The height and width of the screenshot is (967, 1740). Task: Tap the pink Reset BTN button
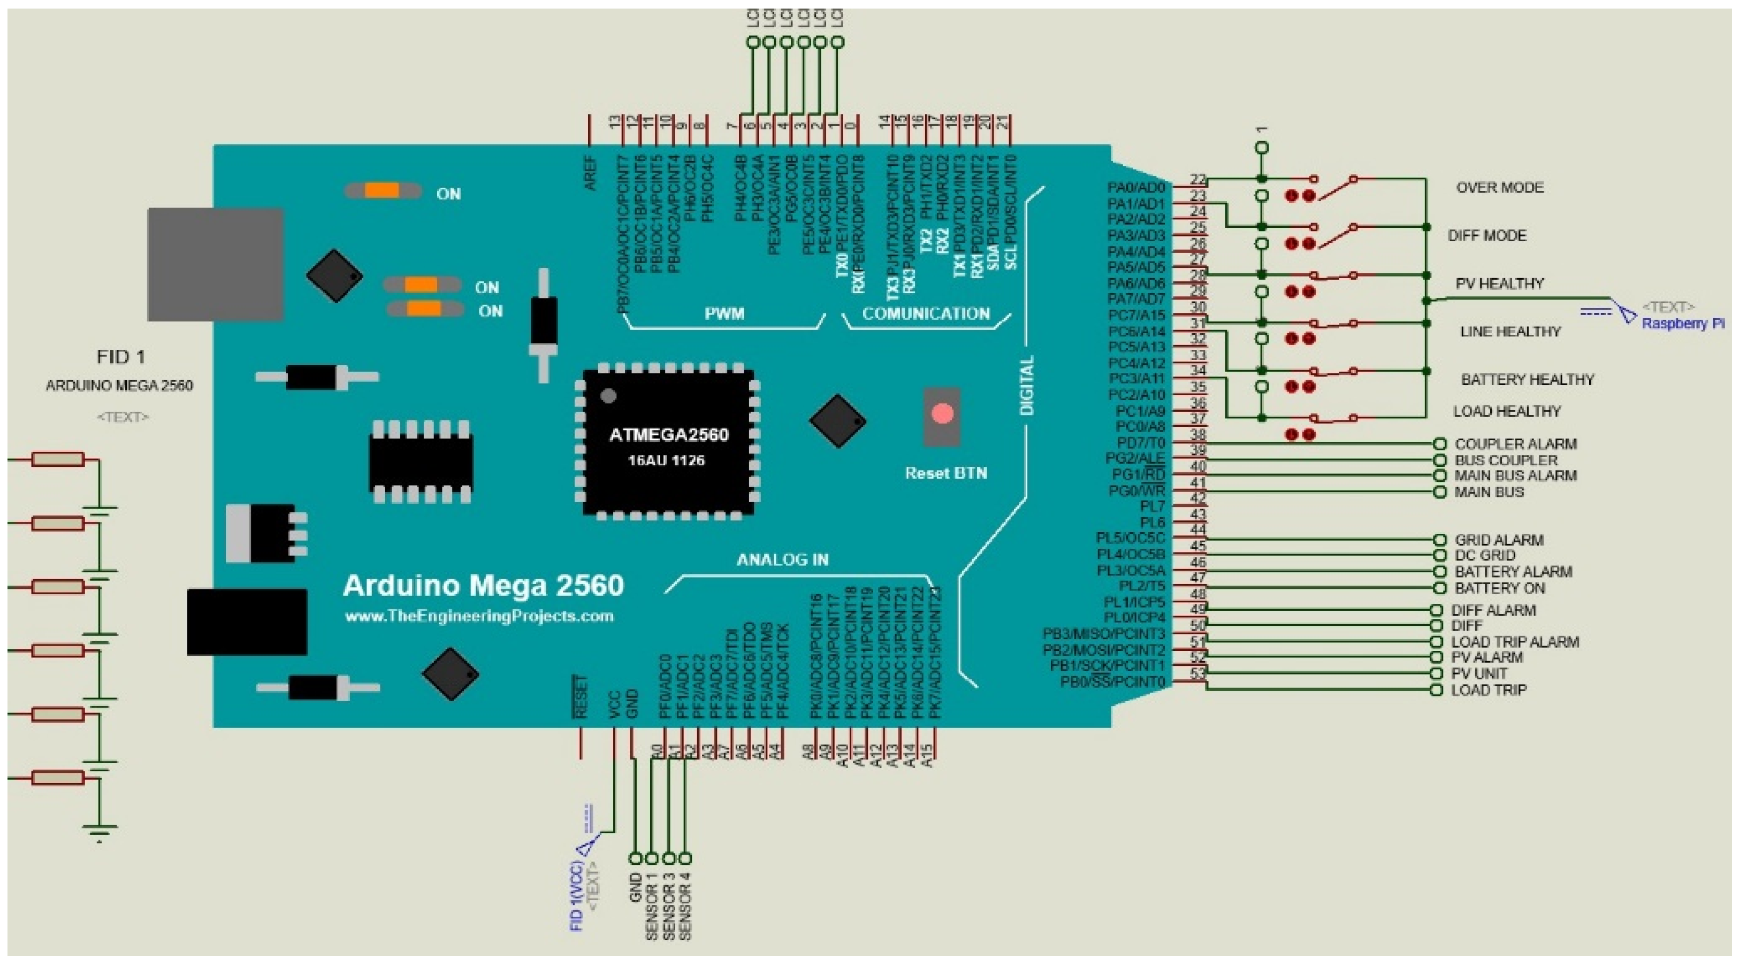tap(942, 414)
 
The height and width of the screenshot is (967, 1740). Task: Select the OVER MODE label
tap(1500, 188)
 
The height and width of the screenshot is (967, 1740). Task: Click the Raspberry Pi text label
tap(1682, 324)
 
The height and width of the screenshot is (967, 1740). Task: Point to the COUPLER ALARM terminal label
tap(1515, 444)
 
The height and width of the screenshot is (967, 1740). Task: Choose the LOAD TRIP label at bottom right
tap(1488, 690)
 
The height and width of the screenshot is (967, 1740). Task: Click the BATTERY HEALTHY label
tap(1527, 380)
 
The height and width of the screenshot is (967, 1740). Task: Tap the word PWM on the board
tap(724, 314)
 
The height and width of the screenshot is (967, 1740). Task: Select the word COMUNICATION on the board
tap(926, 314)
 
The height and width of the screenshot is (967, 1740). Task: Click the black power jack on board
tap(247, 622)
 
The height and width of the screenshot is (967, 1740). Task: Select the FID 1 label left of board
tap(121, 357)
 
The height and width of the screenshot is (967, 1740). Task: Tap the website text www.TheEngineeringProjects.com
tap(479, 616)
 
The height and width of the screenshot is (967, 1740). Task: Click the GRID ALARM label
tap(1498, 540)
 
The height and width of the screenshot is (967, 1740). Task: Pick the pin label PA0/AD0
tap(1135, 188)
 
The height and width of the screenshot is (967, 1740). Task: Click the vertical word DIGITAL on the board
tap(1027, 386)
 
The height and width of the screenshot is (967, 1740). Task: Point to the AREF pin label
tap(590, 173)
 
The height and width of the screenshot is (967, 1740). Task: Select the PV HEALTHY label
tap(1500, 283)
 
